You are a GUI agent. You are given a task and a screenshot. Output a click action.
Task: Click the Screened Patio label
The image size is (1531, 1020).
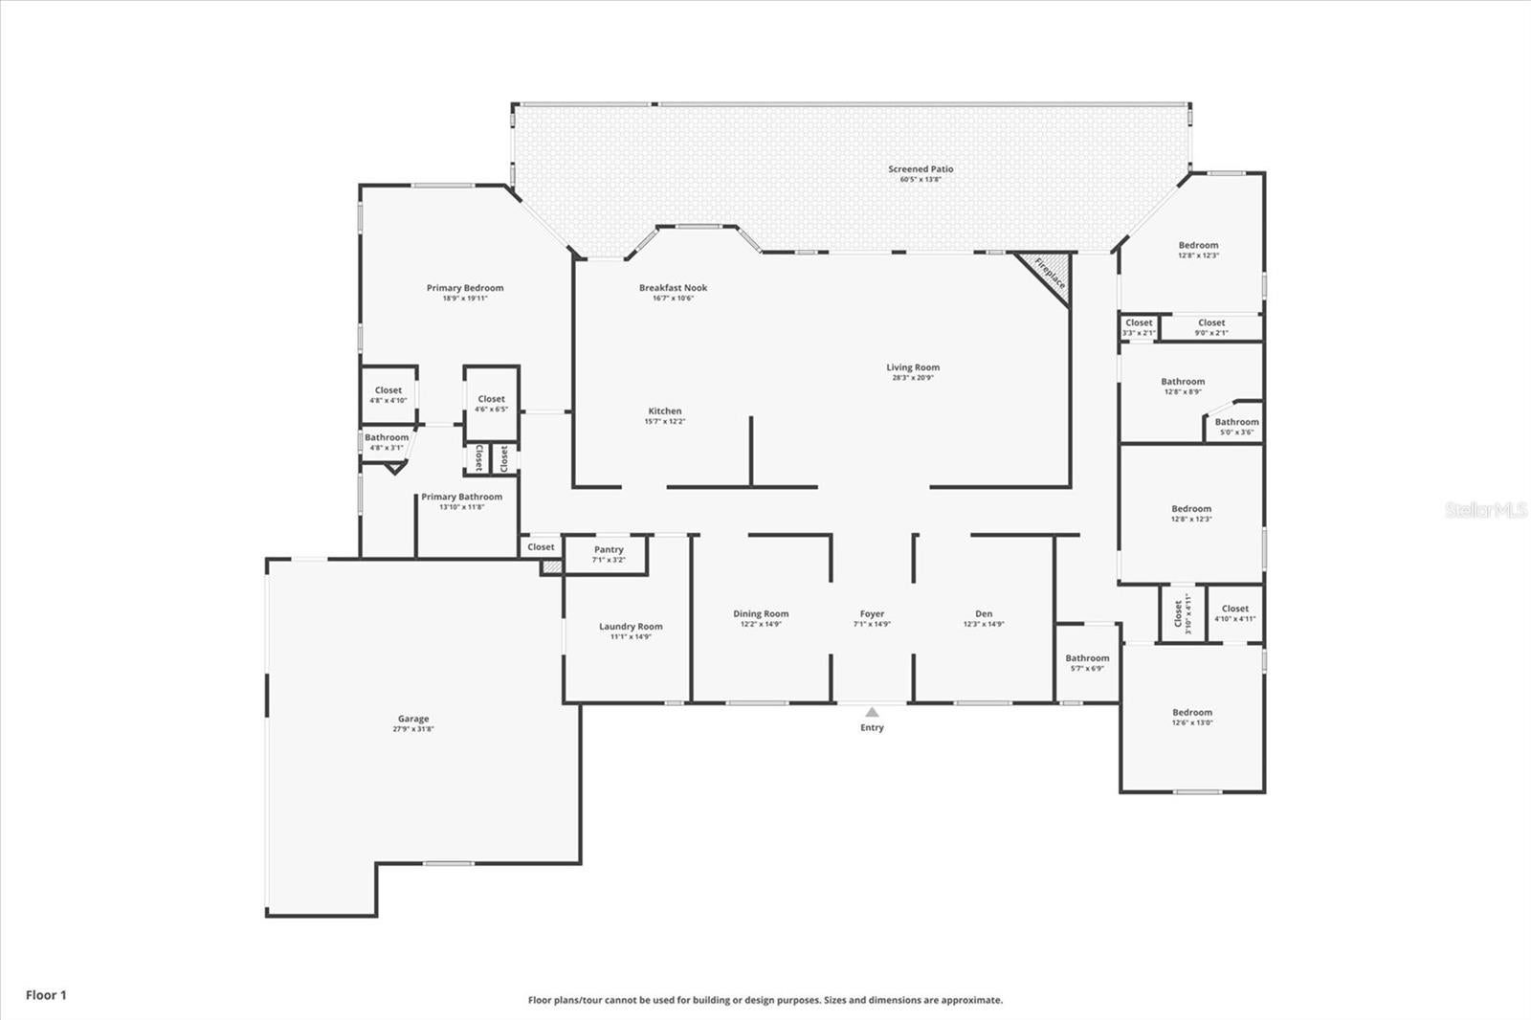921,169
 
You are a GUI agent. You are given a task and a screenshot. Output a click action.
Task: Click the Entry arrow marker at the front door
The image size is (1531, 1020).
872,712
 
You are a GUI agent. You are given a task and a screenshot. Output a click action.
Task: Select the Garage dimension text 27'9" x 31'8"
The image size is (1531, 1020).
413,729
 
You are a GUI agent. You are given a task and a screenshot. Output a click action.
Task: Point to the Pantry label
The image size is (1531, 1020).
609,549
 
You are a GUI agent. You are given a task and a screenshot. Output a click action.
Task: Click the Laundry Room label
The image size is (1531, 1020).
631,627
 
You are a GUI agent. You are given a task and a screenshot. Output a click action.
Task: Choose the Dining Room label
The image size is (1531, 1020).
761,614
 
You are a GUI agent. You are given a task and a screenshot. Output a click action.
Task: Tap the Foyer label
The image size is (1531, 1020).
872,614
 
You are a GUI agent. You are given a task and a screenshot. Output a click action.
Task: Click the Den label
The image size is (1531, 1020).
984,614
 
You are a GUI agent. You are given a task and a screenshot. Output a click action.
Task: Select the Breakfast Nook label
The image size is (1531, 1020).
673,288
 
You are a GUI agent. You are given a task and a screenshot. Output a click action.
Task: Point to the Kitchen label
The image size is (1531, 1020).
665,411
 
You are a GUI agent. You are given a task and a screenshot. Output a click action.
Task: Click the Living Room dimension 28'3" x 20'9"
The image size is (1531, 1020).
913,378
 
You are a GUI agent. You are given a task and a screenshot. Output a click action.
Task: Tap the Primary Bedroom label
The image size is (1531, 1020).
465,288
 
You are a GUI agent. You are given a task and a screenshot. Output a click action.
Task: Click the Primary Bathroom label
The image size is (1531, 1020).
461,497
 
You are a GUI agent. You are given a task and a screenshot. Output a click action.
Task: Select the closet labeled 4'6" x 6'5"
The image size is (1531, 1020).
491,403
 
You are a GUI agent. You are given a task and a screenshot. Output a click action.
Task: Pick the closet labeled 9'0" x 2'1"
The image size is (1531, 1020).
1211,327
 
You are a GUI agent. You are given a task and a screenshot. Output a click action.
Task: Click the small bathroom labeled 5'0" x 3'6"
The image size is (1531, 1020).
1237,426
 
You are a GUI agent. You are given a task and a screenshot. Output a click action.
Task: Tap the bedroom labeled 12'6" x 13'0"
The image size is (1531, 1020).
1192,717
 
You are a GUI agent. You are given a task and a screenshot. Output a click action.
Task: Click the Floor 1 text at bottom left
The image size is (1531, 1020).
46,995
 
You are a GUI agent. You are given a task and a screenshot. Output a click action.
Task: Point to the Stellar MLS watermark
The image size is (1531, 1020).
1485,510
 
